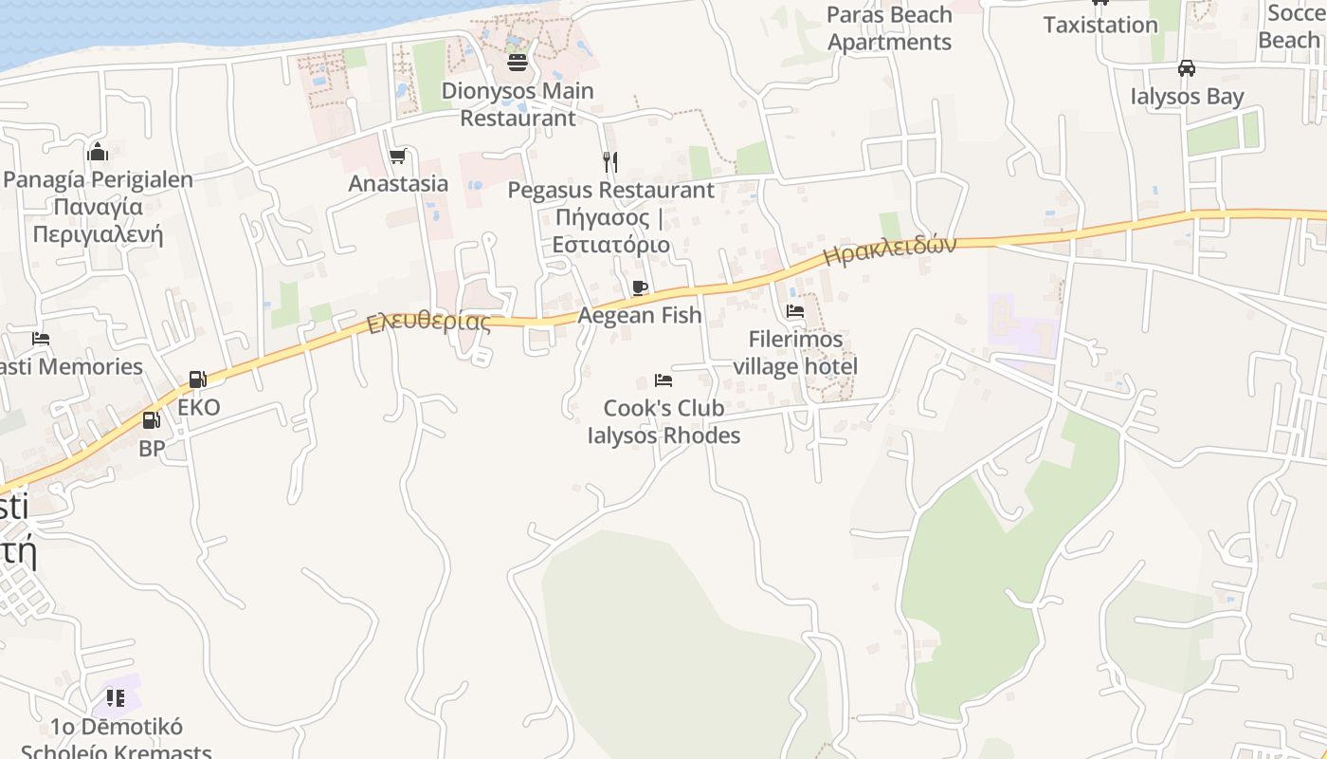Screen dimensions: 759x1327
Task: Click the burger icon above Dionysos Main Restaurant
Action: click(x=518, y=63)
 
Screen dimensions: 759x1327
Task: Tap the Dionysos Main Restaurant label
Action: click(x=518, y=104)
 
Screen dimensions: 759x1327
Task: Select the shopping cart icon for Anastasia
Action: click(x=398, y=156)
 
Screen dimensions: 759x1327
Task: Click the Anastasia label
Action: click(x=398, y=183)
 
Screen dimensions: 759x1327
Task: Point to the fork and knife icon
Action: click(x=610, y=162)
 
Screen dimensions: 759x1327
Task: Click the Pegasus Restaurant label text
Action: click(x=610, y=217)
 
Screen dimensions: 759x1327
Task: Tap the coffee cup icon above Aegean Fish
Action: click(x=640, y=287)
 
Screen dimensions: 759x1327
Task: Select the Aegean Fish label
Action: click(x=640, y=315)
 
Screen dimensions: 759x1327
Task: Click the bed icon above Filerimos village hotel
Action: click(x=795, y=311)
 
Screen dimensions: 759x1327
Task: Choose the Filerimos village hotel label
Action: click(x=795, y=353)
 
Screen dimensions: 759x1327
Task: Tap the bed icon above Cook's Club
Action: click(x=663, y=380)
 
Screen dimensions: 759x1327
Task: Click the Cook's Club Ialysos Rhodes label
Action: click(x=663, y=422)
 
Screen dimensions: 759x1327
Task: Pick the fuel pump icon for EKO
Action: click(x=198, y=379)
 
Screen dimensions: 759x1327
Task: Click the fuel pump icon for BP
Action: click(x=152, y=420)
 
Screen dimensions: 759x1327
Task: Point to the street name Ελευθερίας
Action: click(x=429, y=323)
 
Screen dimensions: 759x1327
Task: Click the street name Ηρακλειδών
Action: click(x=889, y=250)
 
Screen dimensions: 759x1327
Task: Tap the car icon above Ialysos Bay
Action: click(x=1186, y=68)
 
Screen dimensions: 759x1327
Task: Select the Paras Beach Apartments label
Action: click(x=889, y=28)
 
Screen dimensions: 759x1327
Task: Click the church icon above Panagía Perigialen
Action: click(x=98, y=152)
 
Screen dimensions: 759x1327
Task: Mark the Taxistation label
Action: click(x=1100, y=25)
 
